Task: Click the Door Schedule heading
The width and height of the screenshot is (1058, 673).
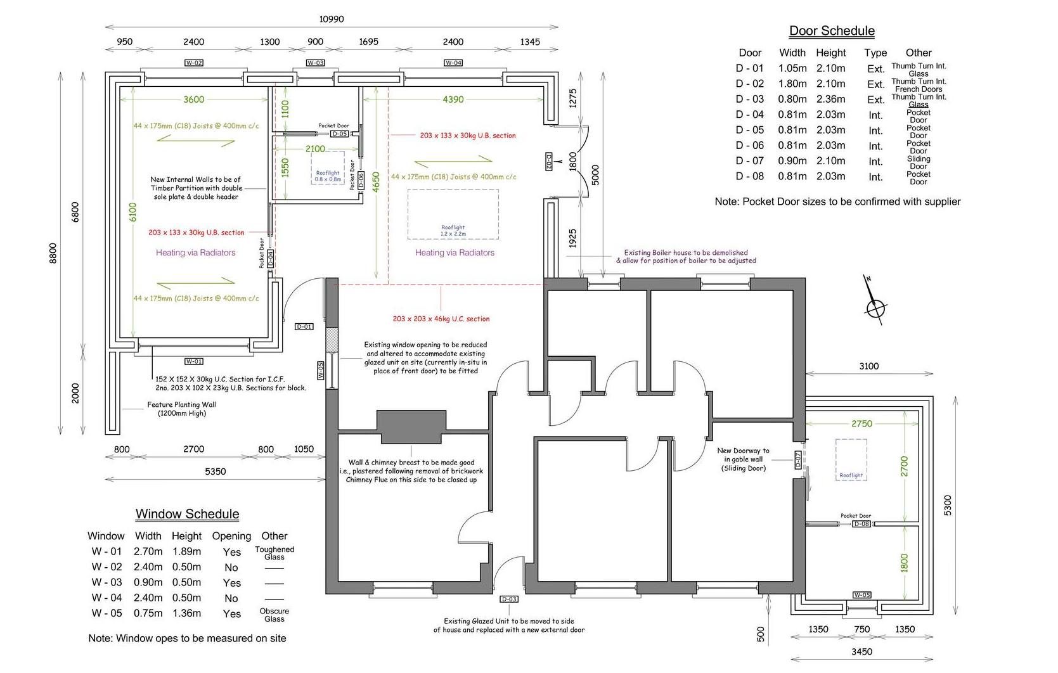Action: click(x=831, y=30)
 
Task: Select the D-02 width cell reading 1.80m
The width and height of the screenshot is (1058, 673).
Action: click(x=792, y=84)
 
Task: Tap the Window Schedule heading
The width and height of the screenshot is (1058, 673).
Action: click(x=187, y=514)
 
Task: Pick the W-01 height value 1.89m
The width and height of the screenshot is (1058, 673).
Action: click(x=186, y=551)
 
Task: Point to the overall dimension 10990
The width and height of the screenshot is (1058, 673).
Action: click(x=331, y=19)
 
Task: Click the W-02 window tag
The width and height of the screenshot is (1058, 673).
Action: click(x=193, y=63)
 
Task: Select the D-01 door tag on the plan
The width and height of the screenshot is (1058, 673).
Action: click(x=304, y=327)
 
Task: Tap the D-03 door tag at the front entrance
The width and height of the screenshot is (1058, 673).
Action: click(x=509, y=599)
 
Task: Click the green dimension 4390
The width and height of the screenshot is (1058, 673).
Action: click(x=453, y=99)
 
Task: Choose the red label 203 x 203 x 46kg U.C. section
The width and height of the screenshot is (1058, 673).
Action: click(x=441, y=319)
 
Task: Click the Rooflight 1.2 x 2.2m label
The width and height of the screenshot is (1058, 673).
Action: click(x=453, y=231)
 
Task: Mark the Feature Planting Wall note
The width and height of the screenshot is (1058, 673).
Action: click(x=181, y=409)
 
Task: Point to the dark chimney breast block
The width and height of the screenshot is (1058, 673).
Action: click(x=411, y=426)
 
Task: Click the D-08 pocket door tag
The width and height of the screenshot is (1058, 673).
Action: click(x=861, y=524)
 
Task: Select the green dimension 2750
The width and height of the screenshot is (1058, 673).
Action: click(x=861, y=423)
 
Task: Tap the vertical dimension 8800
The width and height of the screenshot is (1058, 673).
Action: click(x=53, y=253)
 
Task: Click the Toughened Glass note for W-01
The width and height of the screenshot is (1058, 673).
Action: click(x=274, y=553)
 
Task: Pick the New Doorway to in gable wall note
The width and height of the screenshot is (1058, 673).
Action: click(x=743, y=459)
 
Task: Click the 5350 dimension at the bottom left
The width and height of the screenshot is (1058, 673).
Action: click(x=215, y=471)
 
